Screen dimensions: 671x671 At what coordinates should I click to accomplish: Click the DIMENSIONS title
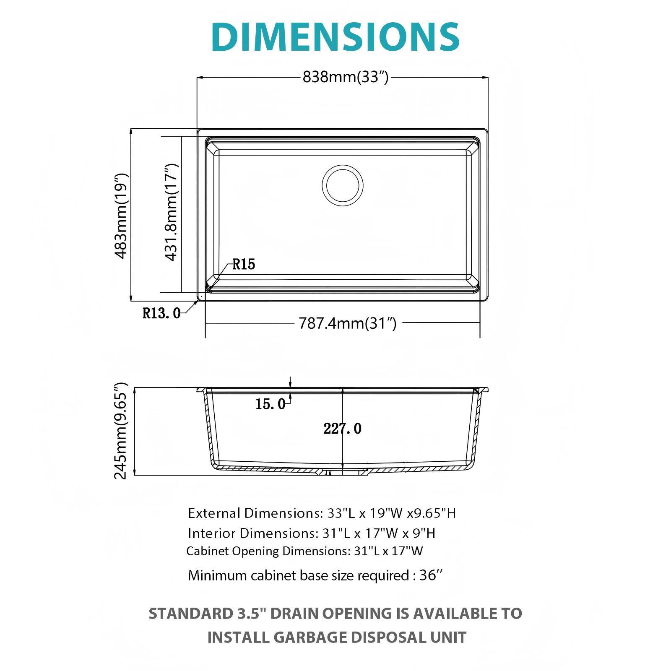click(335, 37)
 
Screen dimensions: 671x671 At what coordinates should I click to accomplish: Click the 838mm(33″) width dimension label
click(346, 77)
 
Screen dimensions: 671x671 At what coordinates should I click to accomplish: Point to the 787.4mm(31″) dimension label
click(347, 323)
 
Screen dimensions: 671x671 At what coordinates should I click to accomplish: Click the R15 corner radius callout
click(244, 264)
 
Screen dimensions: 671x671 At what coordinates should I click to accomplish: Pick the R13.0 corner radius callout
click(161, 313)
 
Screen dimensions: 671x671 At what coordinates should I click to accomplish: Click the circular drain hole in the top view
click(343, 185)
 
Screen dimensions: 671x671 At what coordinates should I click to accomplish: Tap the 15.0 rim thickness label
click(270, 404)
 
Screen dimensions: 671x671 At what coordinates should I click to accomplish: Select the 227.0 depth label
click(342, 429)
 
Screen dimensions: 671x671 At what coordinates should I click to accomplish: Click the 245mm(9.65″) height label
click(121, 431)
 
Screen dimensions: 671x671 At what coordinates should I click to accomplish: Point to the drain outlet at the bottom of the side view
click(343, 472)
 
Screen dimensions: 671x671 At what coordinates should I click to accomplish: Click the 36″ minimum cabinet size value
click(431, 575)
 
